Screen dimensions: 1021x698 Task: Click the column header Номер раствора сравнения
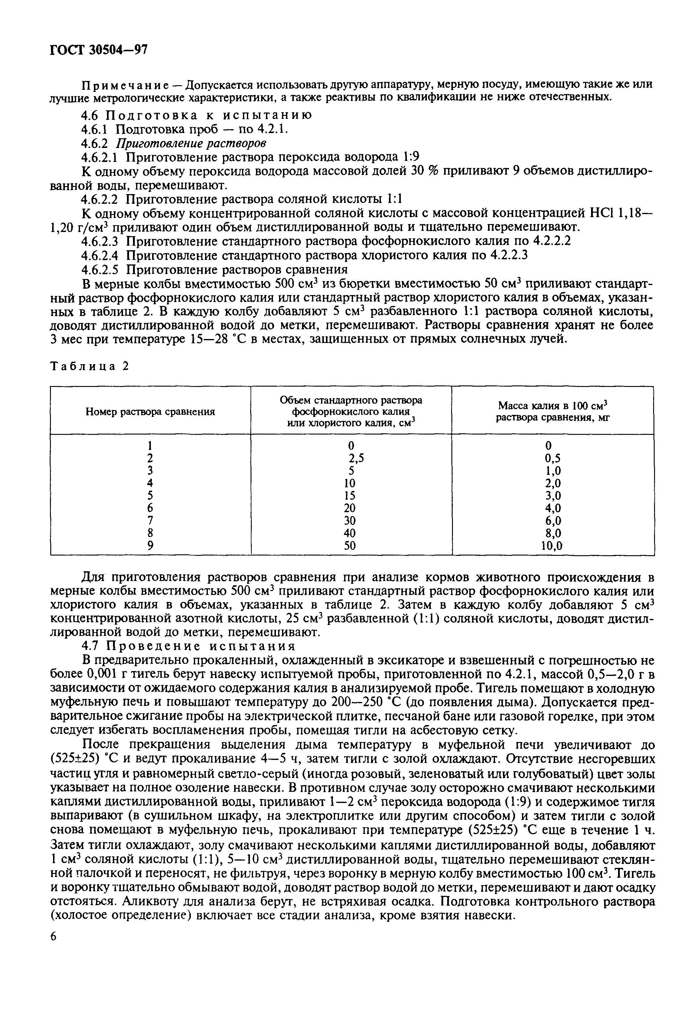[150, 412]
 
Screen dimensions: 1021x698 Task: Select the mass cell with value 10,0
[553, 546]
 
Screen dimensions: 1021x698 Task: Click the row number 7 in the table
[150, 521]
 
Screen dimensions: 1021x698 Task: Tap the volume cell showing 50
[350, 546]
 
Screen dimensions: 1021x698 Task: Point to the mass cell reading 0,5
[553, 458]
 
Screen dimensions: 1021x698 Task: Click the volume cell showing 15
[350, 495]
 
